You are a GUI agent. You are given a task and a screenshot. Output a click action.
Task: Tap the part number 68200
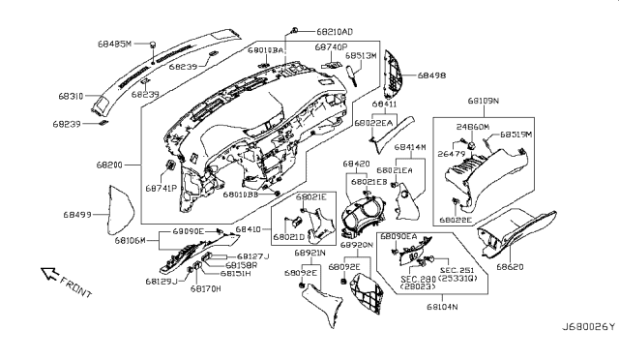tap(108, 166)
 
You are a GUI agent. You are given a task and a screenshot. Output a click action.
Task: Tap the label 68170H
tap(205, 288)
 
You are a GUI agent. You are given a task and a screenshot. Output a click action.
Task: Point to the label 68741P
tap(160, 189)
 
